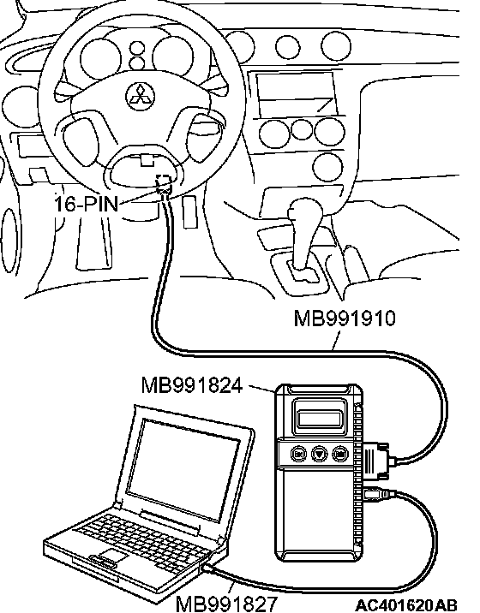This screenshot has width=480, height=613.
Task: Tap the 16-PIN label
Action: pos(86,204)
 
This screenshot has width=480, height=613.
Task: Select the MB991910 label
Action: pos(345,318)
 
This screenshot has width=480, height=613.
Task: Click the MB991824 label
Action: pos(192,385)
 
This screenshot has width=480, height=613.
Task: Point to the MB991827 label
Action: pos(226,604)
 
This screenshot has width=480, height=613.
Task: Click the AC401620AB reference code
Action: pos(406,605)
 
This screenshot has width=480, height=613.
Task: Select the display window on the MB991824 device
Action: pos(319,419)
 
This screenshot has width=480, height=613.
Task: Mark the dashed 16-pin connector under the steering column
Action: pos(164,183)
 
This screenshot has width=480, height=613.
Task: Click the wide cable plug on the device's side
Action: pos(376,461)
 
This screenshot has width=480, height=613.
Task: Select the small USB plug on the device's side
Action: pos(378,494)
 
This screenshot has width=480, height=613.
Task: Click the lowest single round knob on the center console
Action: pos(328,167)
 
